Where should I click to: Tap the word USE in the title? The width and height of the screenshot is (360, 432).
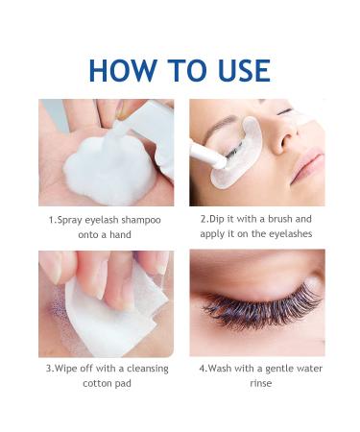point(244,70)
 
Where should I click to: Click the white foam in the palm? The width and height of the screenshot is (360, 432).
point(109,170)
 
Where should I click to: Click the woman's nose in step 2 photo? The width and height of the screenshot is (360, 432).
point(281,134)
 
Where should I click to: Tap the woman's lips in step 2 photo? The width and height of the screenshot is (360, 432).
point(306,166)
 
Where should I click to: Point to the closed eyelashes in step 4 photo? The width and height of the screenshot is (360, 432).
point(262,307)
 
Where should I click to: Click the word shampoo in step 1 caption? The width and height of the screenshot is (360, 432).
point(141,221)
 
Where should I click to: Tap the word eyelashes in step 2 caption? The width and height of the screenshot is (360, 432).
point(290,233)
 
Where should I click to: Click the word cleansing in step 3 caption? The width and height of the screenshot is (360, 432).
point(148,369)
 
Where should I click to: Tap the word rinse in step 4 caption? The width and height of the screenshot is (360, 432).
point(261,383)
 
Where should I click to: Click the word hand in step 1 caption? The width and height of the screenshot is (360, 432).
point(120,234)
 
